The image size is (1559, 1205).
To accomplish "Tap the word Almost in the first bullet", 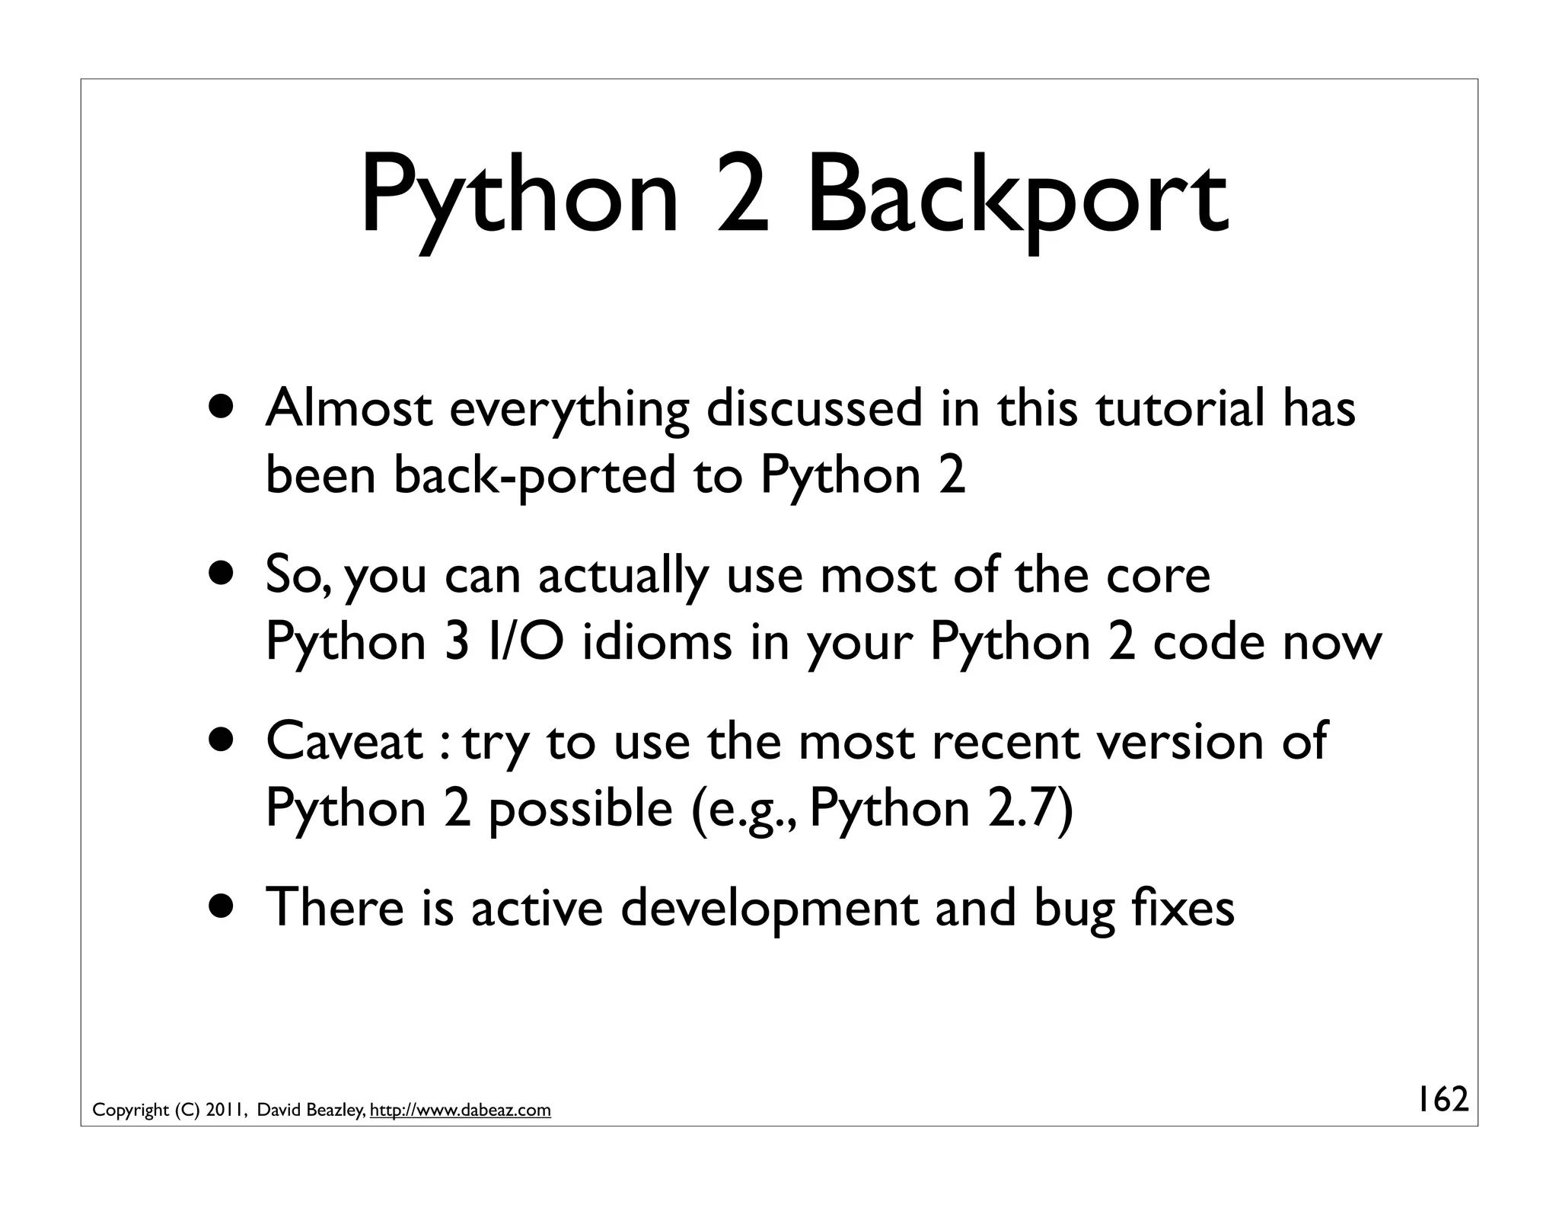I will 349,408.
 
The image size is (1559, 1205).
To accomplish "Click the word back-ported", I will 534,475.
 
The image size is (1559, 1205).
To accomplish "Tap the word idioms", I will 657,641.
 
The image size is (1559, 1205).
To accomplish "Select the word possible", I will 580,808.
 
